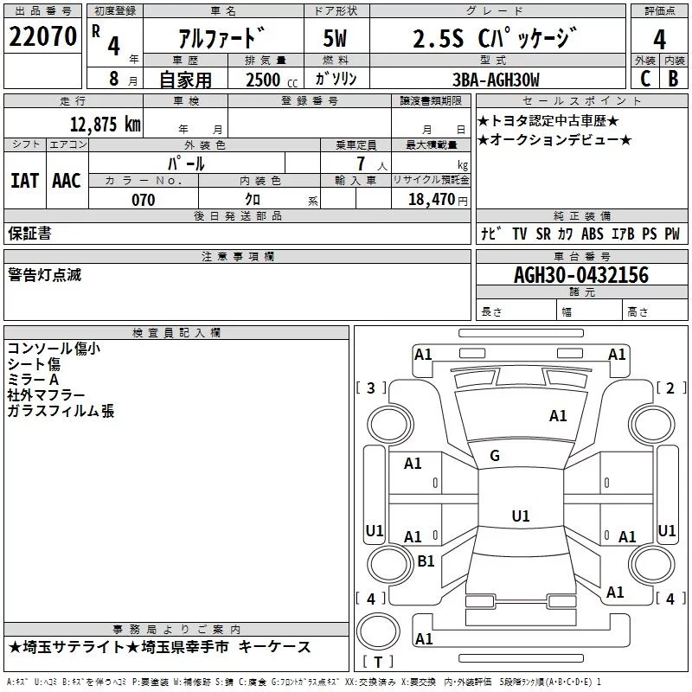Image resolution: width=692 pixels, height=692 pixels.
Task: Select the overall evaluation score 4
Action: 659,39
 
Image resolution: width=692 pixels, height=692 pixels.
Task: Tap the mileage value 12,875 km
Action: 104,124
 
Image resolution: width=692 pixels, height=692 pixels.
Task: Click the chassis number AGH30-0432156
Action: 580,275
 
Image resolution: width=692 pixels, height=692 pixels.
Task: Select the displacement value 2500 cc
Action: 265,80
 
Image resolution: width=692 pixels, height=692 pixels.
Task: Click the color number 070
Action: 144,200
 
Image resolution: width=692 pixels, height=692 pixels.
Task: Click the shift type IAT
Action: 24,180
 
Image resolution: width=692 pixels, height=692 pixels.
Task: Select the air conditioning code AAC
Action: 66,180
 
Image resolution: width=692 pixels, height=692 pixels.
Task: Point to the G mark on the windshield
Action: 495,456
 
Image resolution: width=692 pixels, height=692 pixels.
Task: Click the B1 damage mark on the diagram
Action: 426,561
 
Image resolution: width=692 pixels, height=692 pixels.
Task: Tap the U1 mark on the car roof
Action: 520,516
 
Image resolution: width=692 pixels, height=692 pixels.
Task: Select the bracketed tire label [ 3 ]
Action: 371,388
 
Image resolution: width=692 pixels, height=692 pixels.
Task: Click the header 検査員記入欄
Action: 176,333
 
